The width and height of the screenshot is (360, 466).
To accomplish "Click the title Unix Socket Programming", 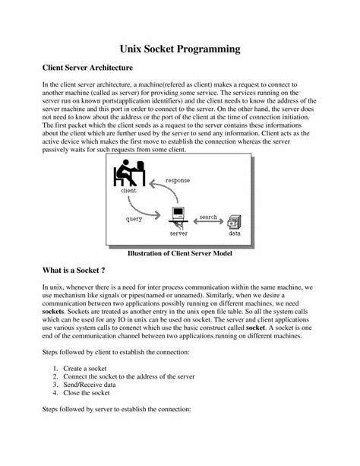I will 180,48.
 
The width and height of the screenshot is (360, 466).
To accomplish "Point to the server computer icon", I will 178,215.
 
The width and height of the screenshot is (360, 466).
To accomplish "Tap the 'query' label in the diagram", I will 134,219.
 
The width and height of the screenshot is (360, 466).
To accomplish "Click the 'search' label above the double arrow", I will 207,217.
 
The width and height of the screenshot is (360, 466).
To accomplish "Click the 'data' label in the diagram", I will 235,235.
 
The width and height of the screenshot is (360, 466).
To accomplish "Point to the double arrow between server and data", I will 207,224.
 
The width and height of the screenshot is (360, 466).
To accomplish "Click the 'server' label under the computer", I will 178,235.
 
